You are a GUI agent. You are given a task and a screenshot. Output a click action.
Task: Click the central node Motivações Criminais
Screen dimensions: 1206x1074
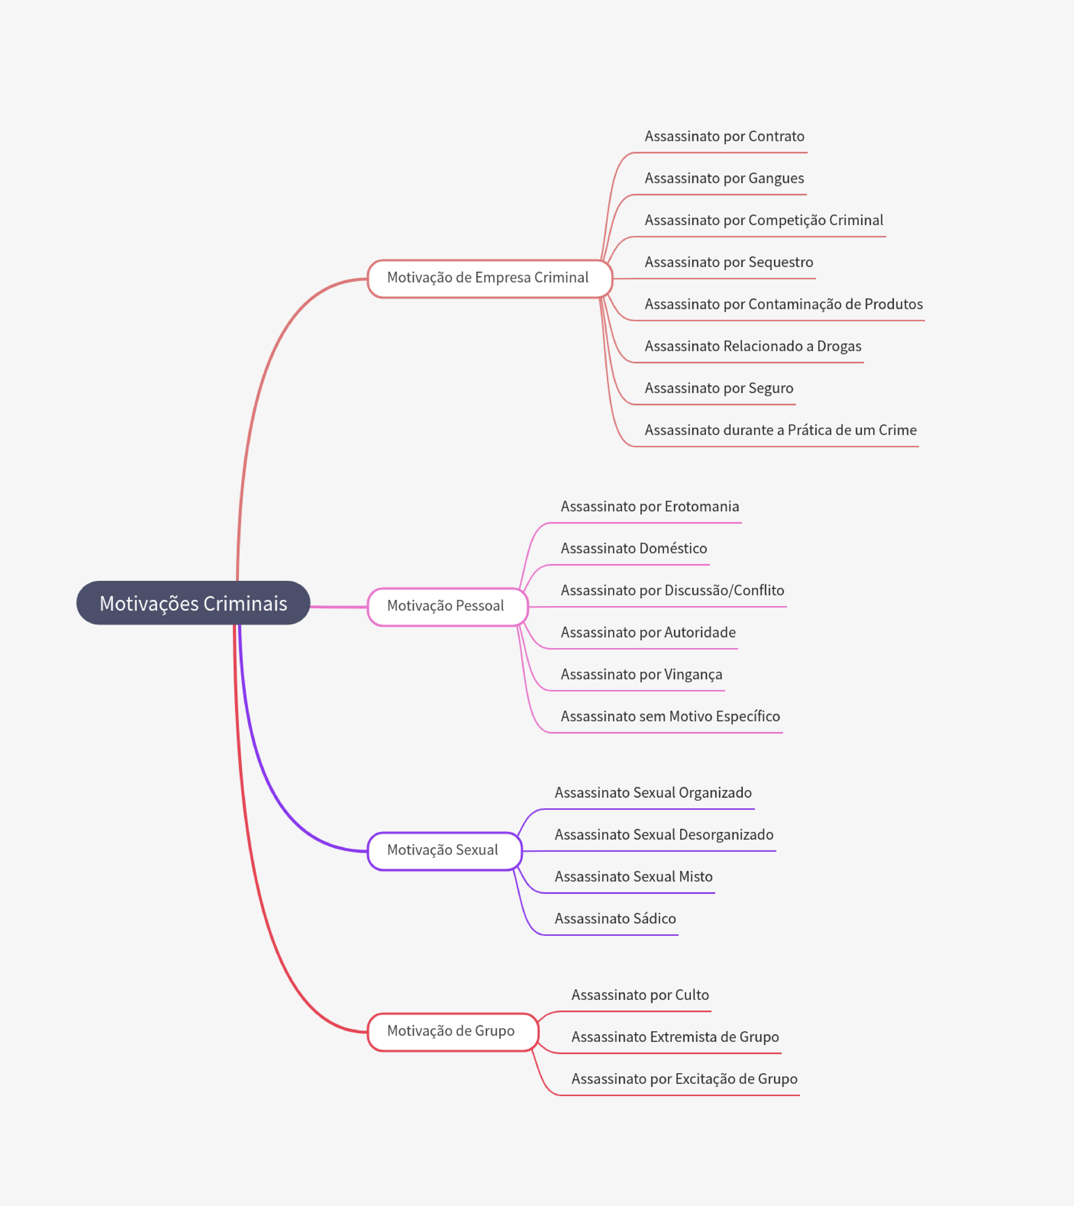point(193,603)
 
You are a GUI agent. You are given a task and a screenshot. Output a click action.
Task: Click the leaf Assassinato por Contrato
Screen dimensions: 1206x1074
point(724,136)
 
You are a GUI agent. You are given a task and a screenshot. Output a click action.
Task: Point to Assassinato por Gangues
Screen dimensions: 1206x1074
point(724,178)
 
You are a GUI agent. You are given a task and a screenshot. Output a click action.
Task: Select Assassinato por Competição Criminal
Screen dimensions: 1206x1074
point(764,220)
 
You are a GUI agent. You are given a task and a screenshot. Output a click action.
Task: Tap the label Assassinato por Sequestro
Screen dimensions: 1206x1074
point(729,262)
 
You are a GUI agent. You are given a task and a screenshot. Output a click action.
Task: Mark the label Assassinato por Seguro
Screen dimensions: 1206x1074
point(719,388)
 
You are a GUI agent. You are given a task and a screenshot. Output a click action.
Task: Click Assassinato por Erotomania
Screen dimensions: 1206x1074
point(650,506)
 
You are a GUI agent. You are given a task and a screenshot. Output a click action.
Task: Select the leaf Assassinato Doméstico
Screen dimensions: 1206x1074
point(634,548)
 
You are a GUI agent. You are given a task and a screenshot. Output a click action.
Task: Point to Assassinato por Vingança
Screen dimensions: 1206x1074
point(642,674)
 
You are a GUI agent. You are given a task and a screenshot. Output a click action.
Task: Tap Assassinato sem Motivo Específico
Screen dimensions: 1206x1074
point(670,716)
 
